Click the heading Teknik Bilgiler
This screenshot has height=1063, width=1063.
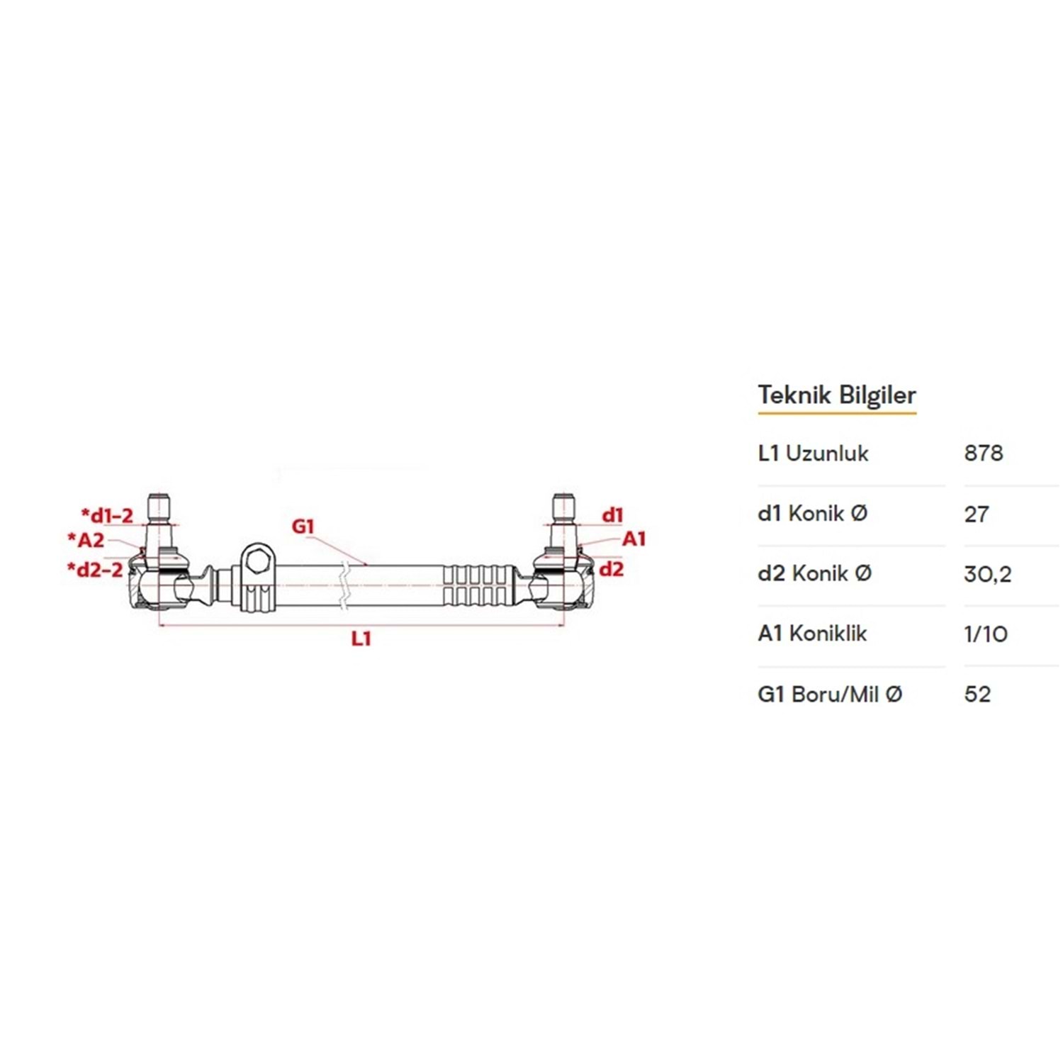837,395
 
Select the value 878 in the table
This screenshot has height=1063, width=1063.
984,453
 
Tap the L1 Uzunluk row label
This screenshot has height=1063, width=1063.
813,453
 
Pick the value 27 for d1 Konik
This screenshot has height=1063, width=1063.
977,514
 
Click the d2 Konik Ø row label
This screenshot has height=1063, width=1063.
814,573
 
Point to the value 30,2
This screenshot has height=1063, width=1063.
988,574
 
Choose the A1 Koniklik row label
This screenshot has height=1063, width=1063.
812,633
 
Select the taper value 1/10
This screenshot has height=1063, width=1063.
986,634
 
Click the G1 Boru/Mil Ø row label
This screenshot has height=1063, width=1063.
830,694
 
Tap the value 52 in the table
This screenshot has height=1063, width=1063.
977,694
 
